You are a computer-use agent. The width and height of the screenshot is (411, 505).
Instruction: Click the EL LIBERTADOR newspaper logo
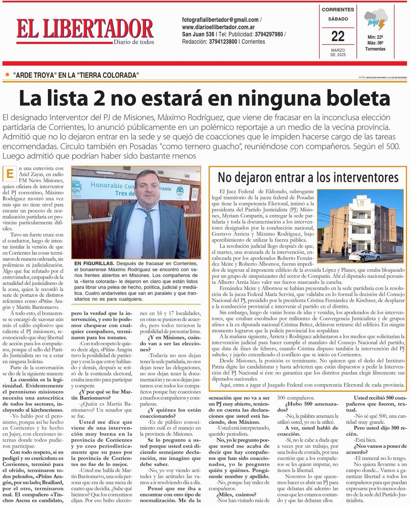[85, 28]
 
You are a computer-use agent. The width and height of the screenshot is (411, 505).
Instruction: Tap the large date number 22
[338, 36]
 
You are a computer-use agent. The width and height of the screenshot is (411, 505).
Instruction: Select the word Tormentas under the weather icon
[375, 49]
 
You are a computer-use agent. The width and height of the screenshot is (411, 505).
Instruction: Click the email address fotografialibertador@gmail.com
[220, 20]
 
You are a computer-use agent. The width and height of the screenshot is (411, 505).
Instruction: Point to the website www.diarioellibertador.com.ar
[218, 27]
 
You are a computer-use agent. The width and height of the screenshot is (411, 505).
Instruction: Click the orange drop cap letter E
[10, 174]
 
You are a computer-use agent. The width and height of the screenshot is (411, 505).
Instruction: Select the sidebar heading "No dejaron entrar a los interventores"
[308, 178]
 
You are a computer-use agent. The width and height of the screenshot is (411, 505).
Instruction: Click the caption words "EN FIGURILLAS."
[94, 263]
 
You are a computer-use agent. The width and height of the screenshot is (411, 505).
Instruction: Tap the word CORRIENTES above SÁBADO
[338, 10]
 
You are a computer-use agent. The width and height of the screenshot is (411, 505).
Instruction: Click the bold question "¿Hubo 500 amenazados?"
[303, 407]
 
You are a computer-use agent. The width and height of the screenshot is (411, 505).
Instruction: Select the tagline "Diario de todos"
[134, 42]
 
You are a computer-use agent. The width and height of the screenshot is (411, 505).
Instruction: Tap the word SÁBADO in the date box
[338, 19]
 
